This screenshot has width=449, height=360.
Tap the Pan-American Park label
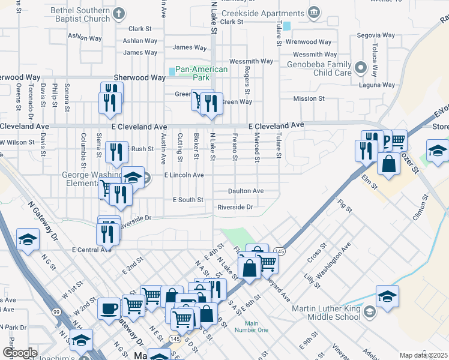[202, 74]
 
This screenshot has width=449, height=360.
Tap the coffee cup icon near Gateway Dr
[109, 309]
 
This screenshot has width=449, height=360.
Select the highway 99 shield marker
[56, 311]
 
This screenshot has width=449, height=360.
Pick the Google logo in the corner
[20, 353]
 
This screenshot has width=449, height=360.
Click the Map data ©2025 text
[423, 355]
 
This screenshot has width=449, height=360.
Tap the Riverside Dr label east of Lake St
[236, 207]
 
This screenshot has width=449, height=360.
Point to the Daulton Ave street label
[246, 191]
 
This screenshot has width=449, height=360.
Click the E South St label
[188, 199]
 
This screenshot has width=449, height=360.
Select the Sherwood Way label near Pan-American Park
[140, 78]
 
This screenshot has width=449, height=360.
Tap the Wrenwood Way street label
[309, 42]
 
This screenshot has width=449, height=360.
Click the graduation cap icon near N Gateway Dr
[27, 241]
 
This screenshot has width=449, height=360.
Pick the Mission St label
[309, 98]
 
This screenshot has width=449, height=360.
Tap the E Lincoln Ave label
[184, 175]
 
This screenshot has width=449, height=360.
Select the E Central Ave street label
[91, 249]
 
